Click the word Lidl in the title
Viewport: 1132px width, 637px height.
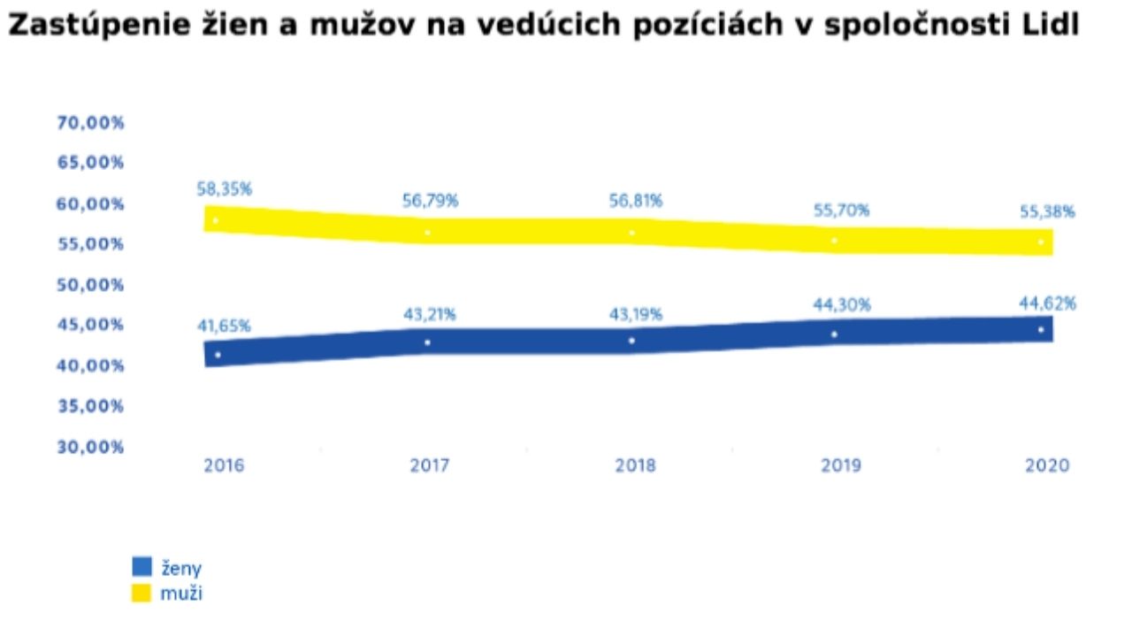click(x=1052, y=27)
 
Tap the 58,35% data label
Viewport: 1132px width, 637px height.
click(x=225, y=188)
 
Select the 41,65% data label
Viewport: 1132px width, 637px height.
click(x=224, y=326)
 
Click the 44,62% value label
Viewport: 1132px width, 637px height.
click(x=1047, y=303)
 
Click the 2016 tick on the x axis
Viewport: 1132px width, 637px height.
click(x=224, y=465)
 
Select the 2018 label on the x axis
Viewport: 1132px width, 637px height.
click(x=635, y=465)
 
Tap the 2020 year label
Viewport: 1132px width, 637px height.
click(x=1047, y=465)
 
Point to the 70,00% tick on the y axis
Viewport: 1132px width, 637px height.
click(x=90, y=123)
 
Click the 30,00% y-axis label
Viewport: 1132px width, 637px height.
click(x=90, y=447)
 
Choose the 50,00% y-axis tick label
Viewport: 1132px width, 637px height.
click(x=90, y=285)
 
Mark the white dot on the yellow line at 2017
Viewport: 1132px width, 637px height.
click(x=427, y=233)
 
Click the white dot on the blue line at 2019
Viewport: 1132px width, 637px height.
click(x=834, y=334)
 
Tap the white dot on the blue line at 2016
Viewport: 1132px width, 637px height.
click(x=218, y=355)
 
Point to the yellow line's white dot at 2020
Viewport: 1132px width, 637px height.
click(x=1041, y=242)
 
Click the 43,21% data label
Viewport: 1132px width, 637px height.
click(x=429, y=313)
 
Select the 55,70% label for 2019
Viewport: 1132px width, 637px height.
click(x=841, y=210)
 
